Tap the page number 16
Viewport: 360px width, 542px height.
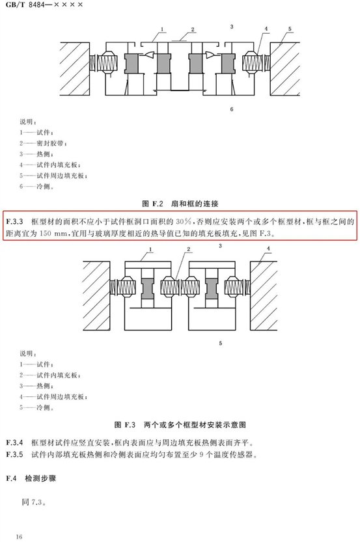[19, 536]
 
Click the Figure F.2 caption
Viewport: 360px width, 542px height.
[180, 204]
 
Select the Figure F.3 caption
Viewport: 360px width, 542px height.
[180, 424]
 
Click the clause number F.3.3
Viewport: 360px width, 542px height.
[14, 222]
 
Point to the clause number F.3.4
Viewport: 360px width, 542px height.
[14, 442]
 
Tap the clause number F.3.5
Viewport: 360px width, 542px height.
[14, 454]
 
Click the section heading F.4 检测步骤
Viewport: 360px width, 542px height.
[31, 478]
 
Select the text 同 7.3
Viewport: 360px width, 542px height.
[34, 502]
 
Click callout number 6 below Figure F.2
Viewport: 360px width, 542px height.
[232, 109]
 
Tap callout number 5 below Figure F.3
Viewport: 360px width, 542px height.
[220, 344]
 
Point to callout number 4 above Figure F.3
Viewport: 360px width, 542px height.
[268, 248]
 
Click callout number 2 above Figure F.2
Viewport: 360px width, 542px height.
[193, 29]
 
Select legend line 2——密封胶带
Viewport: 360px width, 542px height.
[43, 143]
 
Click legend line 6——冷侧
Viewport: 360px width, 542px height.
[36, 186]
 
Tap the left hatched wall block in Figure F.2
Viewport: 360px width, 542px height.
[75, 69]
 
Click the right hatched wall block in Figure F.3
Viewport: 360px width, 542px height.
[264, 295]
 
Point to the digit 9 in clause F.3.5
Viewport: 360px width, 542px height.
[202, 454]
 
